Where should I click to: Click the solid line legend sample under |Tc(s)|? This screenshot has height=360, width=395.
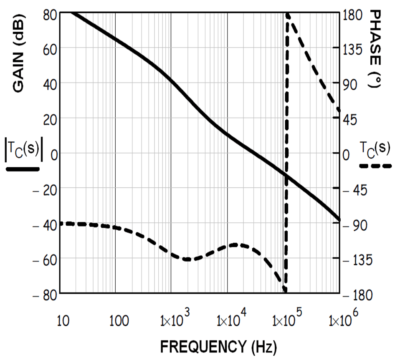23,169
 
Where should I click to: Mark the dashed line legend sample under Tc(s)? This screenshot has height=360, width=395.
375,166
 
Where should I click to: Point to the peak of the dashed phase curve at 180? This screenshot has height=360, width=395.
288,14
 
